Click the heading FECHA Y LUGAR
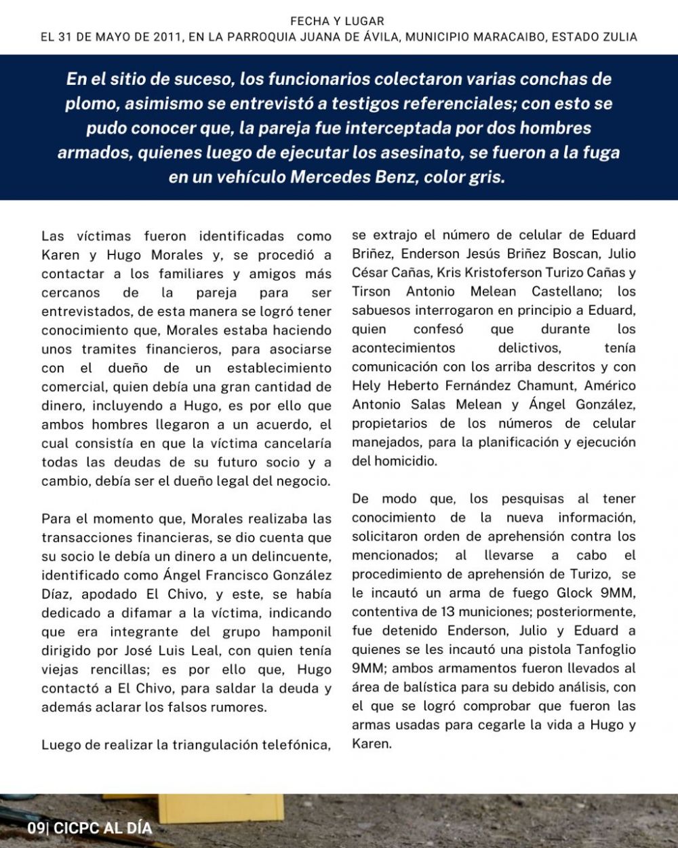337,22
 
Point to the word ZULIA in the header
618,37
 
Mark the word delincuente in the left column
293,557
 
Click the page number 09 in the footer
35,828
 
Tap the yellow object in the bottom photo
220,807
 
